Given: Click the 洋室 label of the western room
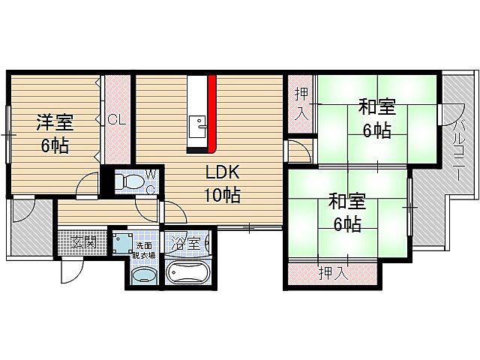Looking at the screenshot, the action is [55, 122].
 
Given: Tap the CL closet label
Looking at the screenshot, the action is [117, 119].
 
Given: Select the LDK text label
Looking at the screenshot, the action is [222, 172].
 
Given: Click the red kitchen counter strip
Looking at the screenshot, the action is [212, 113].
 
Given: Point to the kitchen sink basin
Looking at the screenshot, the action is [198, 127].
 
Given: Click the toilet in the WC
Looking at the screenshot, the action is [129, 181].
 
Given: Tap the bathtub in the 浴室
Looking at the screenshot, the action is [186, 272].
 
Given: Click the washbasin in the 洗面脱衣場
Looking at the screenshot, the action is [143, 274].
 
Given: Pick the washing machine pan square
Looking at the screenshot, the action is [123, 244].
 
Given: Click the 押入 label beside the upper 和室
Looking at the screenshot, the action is [301, 103].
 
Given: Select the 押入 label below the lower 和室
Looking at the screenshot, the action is [334, 272].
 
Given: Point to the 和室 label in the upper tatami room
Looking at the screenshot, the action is [377, 106].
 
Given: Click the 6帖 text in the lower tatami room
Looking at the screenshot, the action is [347, 225].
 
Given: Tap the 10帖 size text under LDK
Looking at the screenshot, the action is [222, 195].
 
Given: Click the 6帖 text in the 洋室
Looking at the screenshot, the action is [55, 145].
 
